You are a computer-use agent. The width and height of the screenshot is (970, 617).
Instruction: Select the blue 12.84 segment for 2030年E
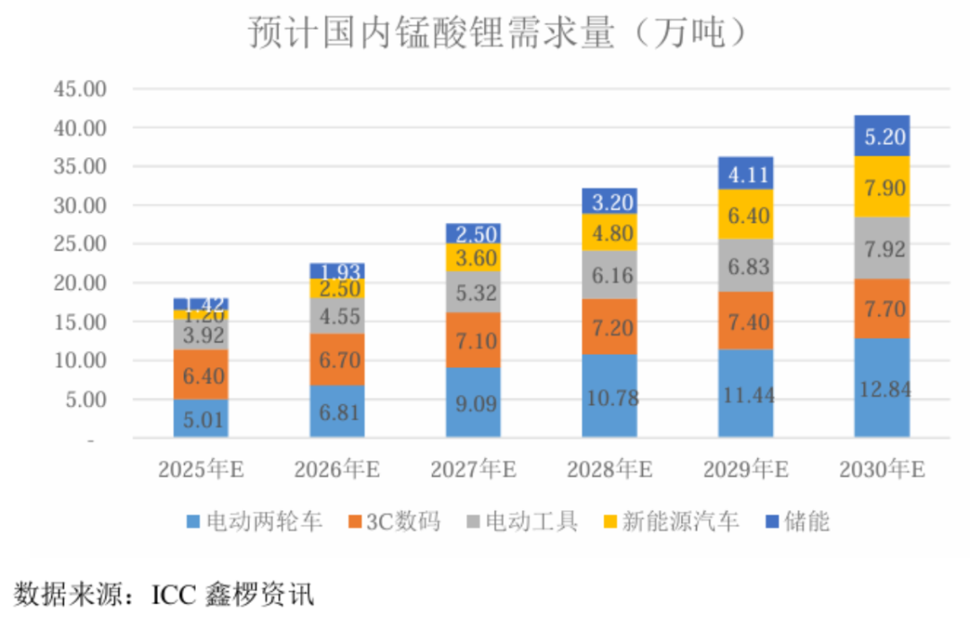(x=881, y=387)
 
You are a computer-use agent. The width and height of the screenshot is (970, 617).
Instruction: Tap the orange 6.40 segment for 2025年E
(x=200, y=375)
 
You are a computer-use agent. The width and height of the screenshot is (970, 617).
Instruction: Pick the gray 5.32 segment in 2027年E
(x=473, y=292)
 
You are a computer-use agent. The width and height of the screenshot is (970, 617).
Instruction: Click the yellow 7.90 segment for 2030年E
(x=881, y=187)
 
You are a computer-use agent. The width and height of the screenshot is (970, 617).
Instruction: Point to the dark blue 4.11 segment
(x=745, y=173)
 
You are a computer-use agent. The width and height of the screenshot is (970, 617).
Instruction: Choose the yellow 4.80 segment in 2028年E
(x=609, y=232)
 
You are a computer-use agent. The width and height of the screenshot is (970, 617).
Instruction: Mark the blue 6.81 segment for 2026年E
(x=337, y=410)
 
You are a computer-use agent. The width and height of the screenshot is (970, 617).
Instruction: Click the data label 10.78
(x=609, y=395)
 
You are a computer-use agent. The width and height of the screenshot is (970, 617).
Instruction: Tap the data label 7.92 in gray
(x=881, y=248)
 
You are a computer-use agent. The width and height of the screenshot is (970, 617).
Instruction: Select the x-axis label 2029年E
(x=745, y=469)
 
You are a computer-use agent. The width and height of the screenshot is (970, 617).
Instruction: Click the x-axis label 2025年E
(x=200, y=469)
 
